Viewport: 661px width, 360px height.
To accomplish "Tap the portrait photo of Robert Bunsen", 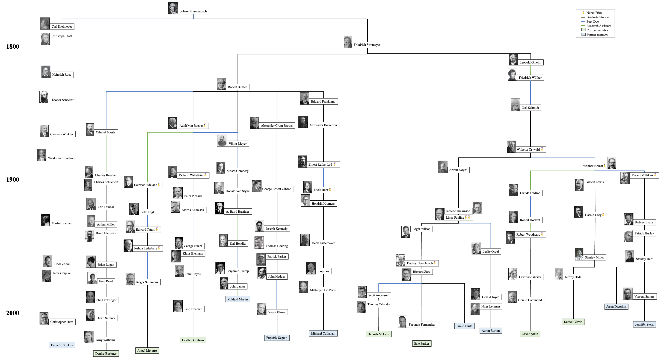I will tap(221, 84).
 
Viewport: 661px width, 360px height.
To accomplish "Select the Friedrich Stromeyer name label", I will tap(367, 45).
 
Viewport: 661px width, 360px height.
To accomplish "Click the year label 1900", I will tap(13, 180).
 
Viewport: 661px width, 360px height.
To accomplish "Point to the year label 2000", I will tap(13, 313).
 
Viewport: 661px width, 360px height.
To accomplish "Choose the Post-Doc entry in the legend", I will tap(592, 22).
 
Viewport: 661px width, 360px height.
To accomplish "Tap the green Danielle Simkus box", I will tap(62, 345).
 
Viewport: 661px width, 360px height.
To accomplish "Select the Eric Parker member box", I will tap(421, 343).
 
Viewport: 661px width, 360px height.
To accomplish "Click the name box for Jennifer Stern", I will tap(644, 324).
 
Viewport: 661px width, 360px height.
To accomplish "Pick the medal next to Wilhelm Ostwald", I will tap(542, 149).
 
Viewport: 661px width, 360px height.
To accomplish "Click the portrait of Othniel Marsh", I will tap(90, 129).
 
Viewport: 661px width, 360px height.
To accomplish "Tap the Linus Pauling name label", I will tap(455, 218).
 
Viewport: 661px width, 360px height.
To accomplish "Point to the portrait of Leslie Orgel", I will tap(476, 248).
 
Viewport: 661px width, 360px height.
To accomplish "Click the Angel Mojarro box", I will tap(147, 350).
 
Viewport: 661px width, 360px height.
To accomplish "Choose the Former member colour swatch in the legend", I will tap(583, 34).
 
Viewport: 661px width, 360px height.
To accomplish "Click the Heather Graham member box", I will tap(193, 340).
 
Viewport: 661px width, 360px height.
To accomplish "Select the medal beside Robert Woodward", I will tap(542, 234).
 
